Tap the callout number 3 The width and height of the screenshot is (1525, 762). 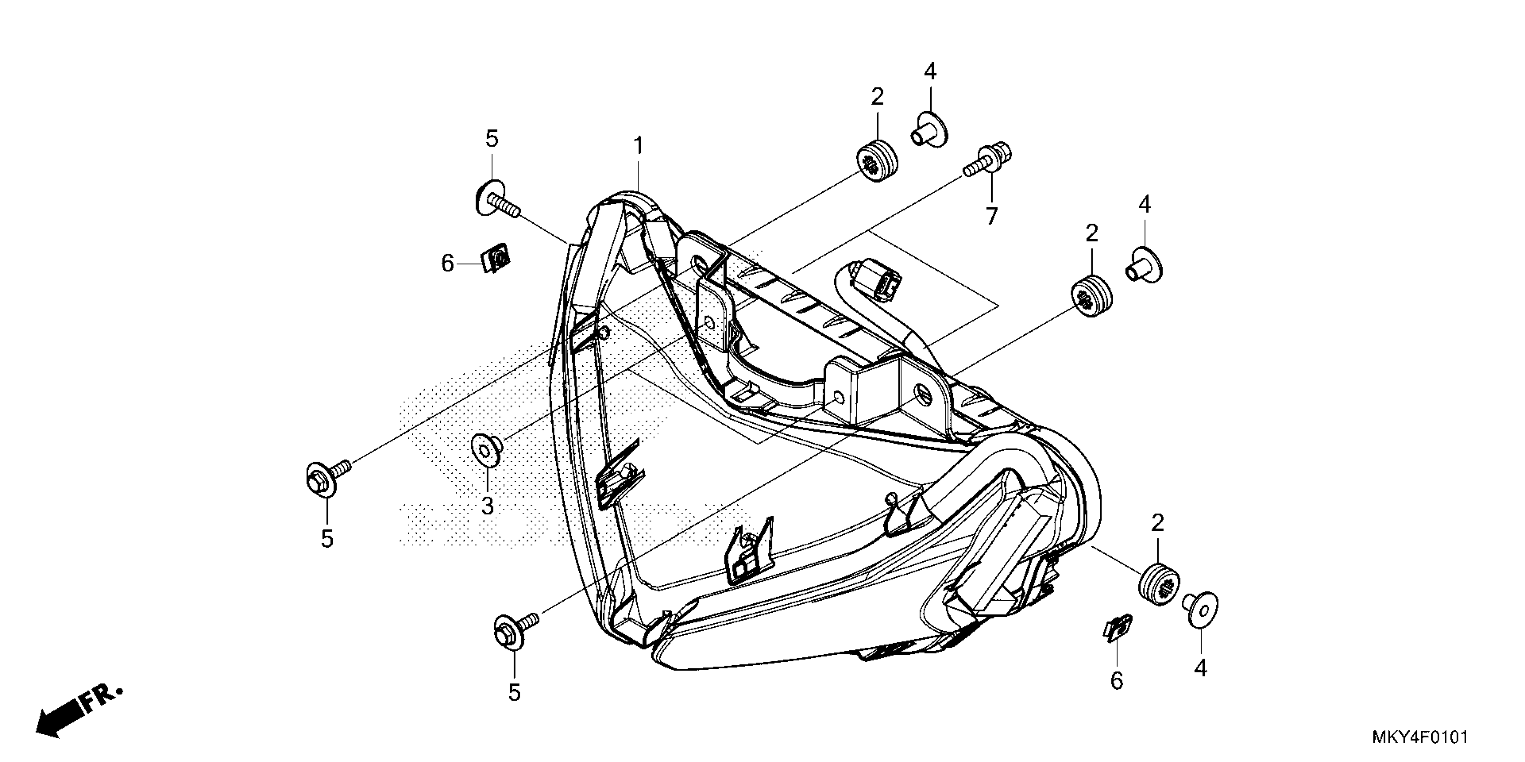pyautogui.click(x=487, y=506)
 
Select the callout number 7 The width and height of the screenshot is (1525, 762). pyautogui.click(x=992, y=216)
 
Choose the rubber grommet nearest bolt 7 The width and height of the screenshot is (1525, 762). pyautogui.click(x=876, y=161)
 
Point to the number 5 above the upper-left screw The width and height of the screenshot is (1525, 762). pyautogui.click(x=492, y=139)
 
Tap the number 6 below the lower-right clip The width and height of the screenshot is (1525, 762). pyautogui.click(x=1116, y=681)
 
